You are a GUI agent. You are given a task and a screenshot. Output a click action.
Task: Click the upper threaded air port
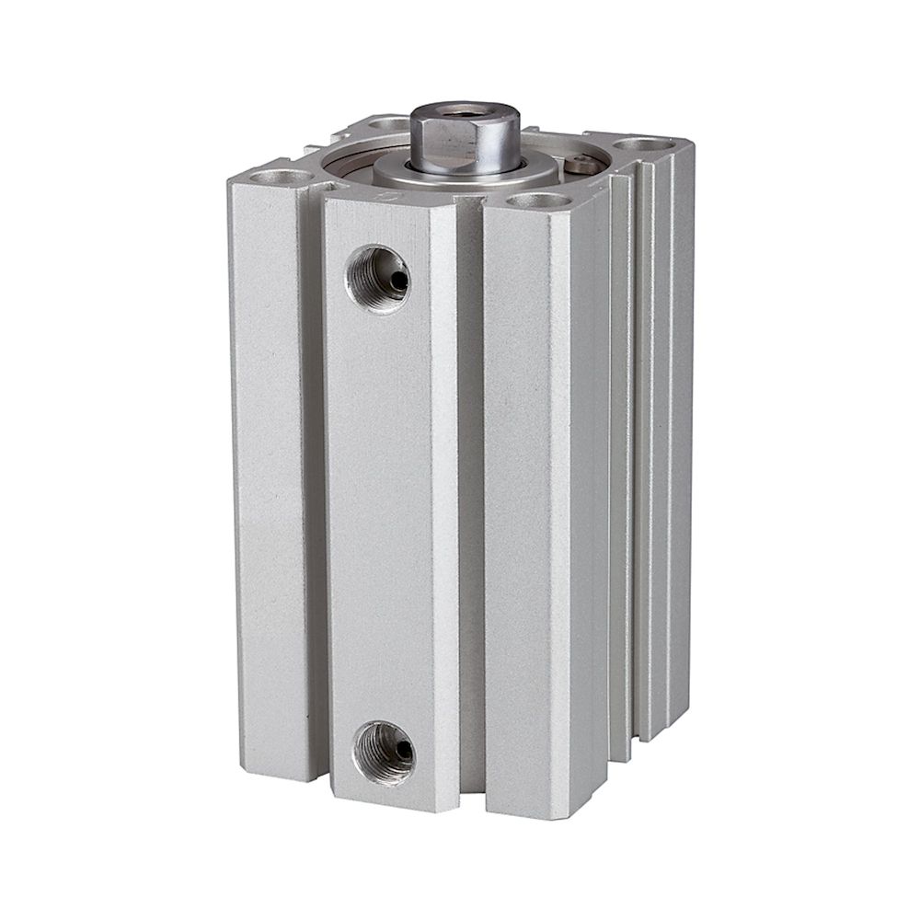(x=377, y=278)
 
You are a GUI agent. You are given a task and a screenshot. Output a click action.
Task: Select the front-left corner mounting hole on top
(x=271, y=175)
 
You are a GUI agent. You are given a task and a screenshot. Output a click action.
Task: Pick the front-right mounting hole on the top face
(x=534, y=200)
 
